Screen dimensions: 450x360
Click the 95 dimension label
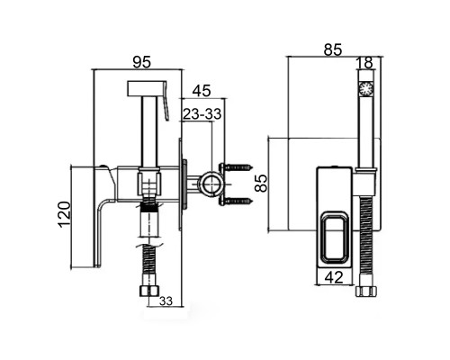click(142, 62)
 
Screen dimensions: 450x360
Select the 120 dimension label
click(64, 214)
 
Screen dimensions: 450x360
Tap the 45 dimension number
click(202, 91)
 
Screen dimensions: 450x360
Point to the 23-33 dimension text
click(202, 114)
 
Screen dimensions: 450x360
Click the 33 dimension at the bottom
click(166, 301)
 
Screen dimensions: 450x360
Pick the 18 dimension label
click(364, 63)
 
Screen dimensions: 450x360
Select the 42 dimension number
click(334, 277)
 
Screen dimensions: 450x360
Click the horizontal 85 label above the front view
click(333, 50)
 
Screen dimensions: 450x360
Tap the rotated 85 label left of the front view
click(261, 184)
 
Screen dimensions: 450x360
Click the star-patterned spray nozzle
click(366, 89)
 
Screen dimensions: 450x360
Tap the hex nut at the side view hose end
click(148, 292)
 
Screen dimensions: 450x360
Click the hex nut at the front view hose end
click(366, 292)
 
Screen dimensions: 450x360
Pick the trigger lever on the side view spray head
click(165, 101)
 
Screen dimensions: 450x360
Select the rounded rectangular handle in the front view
click(334, 238)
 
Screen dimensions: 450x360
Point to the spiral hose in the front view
click(366, 241)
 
